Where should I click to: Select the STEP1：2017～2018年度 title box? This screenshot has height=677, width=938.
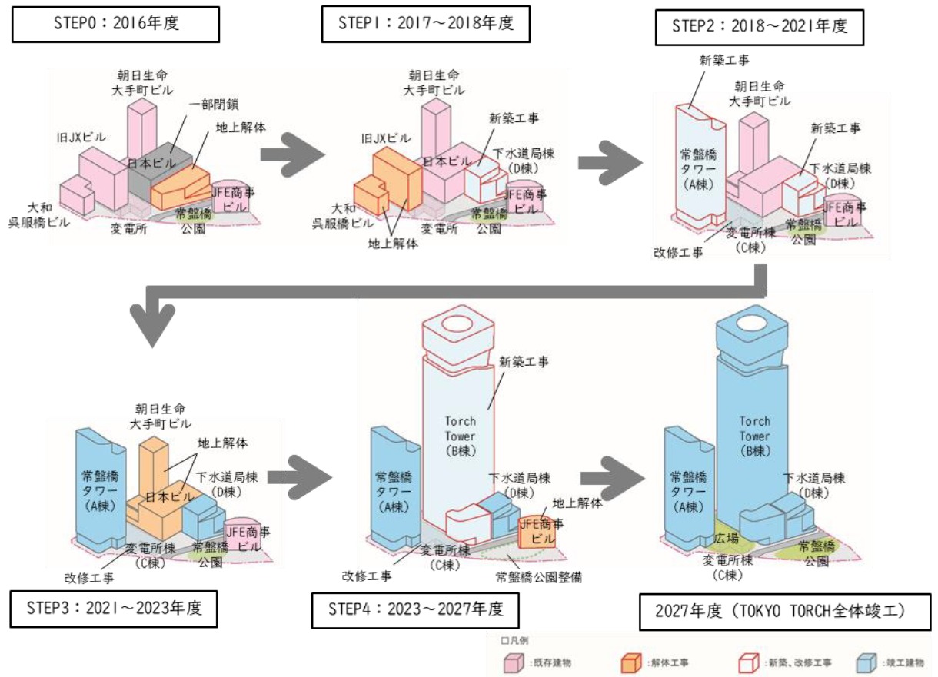(424, 25)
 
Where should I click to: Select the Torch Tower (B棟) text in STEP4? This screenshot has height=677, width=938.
(461, 435)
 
